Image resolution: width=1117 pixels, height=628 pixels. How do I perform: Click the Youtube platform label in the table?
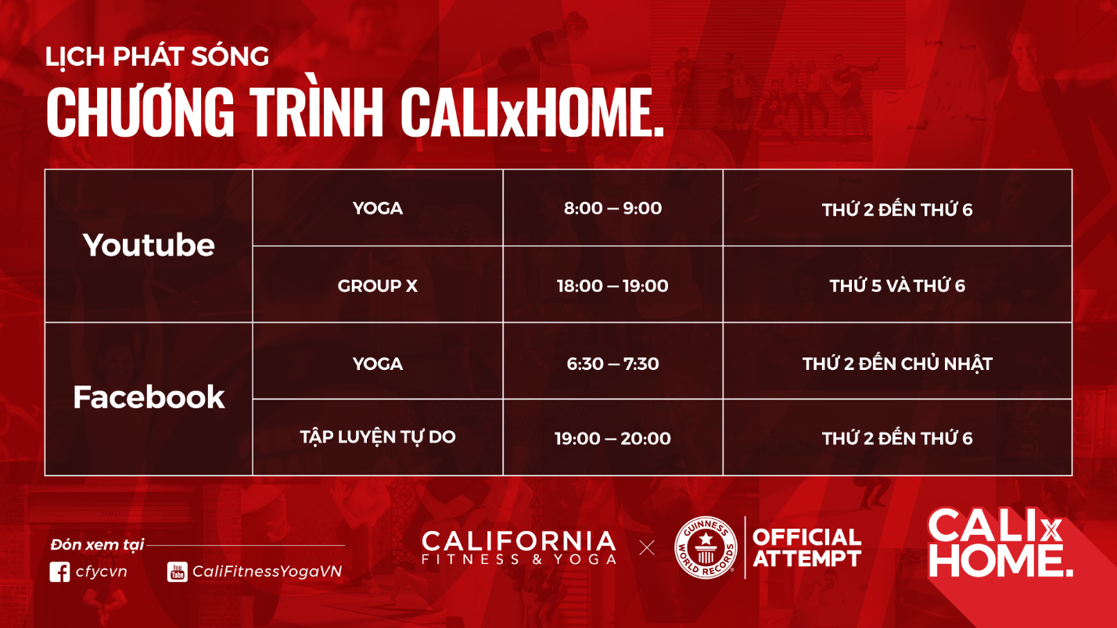click(149, 246)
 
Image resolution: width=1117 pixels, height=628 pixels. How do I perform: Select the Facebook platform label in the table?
click(149, 397)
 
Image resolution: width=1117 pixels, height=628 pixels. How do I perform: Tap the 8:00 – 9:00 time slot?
click(612, 208)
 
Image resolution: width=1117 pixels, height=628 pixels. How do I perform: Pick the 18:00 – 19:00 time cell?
click(612, 286)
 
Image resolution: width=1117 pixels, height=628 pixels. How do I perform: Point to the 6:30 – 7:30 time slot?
click(612, 364)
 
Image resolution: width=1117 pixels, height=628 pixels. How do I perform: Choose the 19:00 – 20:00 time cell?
click(612, 438)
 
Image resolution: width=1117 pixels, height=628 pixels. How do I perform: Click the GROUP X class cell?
click(377, 286)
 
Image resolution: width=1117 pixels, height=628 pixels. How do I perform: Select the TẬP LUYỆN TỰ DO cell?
click(377, 436)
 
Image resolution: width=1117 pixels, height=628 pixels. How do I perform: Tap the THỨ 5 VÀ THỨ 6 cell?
click(897, 286)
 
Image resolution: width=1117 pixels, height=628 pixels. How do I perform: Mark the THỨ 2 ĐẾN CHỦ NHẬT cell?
click(897, 364)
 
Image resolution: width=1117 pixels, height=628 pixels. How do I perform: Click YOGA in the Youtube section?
click(377, 208)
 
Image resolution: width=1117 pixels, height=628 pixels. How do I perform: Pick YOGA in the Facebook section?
click(377, 364)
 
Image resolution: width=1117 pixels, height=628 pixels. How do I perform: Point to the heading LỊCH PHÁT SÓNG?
click(156, 57)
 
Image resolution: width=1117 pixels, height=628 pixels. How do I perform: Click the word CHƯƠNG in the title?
click(141, 113)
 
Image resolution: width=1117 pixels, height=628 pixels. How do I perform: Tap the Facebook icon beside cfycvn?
click(59, 572)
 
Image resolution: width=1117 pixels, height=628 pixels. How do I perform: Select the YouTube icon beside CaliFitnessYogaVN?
click(178, 572)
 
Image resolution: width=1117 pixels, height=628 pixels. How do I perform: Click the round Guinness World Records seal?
click(706, 547)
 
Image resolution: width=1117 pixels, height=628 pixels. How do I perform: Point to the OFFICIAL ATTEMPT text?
click(806, 547)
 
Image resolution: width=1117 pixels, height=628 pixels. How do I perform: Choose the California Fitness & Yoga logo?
click(519, 547)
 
